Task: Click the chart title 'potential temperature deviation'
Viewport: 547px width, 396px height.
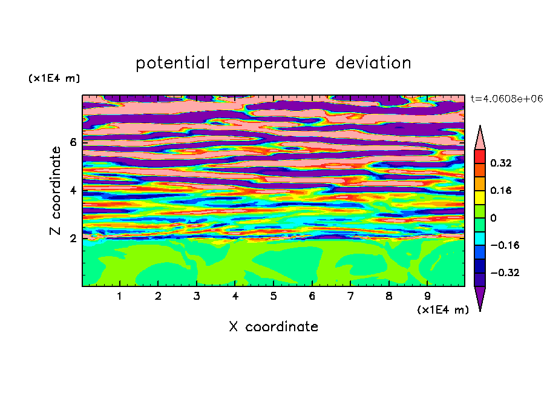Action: pyautogui.click(x=273, y=63)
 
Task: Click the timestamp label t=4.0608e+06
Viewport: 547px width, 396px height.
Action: pyautogui.click(x=506, y=99)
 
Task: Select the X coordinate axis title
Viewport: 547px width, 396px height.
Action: pyautogui.click(x=273, y=326)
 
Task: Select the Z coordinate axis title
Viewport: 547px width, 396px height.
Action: pyautogui.click(x=55, y=190)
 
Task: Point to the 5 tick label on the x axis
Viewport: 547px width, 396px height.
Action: pyautogui.click(x=273, y=296)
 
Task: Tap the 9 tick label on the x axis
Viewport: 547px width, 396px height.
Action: pyautogui.click(x=427, y=296)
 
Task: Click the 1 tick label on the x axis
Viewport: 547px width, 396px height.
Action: pyautogui.click(x=120, y=296)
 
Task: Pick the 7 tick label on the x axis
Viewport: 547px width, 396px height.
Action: pyautogui.click(x=350, y=296)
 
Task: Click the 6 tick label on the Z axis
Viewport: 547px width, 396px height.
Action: pyautogui.click(x=73, y=142)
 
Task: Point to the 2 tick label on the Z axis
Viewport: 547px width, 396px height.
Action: pyautogui.click(x=73, y=239)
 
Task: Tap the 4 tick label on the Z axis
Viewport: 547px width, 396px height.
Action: pyautogui.click(x=73, y=190)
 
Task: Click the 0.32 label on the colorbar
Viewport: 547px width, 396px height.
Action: pyautogui.click(x=501, y=163)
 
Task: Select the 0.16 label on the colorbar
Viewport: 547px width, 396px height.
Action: pyautogui.click(x=501, y=190)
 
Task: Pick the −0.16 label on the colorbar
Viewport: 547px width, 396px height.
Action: pyautogui.click(x=505, y=245)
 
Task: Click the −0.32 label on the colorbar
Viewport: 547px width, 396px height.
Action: pyautogui.click(x=505, y=272)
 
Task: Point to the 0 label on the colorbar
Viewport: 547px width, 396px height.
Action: pyautogui.click(x=493, y=218)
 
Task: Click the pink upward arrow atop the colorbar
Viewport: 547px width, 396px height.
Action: pyautogui.click(x=480, y=139)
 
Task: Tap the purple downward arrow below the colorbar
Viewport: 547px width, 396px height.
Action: pyautogui.click(x=480, y=297)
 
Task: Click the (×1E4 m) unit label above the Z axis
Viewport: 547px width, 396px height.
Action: pyautogui.click(x=54, y=78)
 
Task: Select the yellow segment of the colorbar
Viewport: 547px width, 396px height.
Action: pyautogui.click(x=480, y=197)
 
